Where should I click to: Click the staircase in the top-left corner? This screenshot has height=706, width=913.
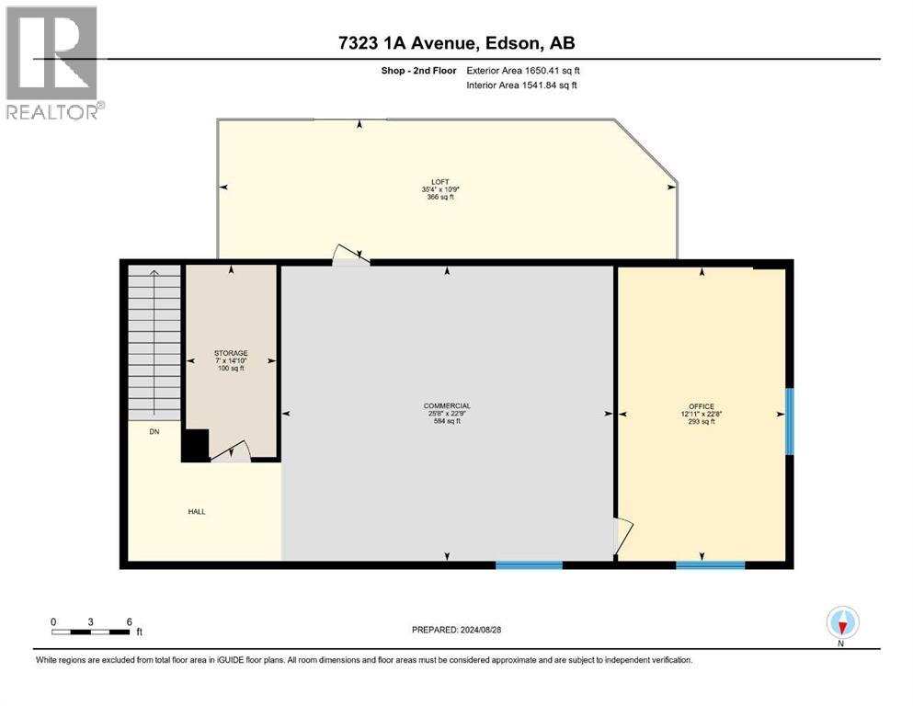click(x=154, y=340)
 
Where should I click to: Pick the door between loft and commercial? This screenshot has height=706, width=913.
click(x=351, y=256)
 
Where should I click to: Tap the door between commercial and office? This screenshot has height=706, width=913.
click(x=622, y=537)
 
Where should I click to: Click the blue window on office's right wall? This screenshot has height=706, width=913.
click(x=789, y=421)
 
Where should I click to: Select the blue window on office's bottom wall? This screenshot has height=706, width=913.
click(x=710, y=564)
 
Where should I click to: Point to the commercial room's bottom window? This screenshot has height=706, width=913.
click(x=529, y=564)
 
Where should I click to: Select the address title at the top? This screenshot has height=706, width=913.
click(x=456, y=43)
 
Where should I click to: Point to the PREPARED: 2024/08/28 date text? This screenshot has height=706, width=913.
click(x=456, y=630)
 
